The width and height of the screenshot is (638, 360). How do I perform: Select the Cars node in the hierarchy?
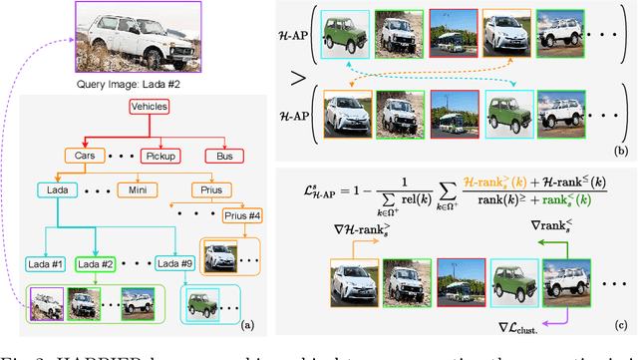coord(87,157)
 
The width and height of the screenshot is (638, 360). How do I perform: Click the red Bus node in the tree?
coord(218,157)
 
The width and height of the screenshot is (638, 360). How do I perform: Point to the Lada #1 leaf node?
coord(45,264)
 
